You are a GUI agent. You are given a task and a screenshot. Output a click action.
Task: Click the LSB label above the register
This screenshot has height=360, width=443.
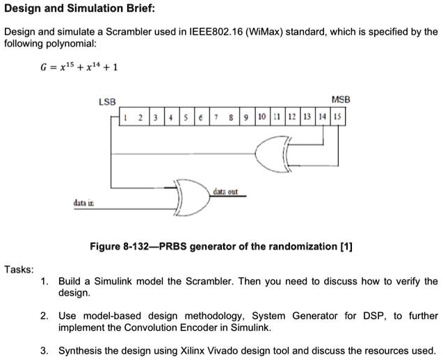(107, 101)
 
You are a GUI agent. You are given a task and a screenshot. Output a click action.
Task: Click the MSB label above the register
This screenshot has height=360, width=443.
(341, 99)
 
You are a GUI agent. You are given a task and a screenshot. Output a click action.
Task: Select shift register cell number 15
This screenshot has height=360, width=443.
(337, 117)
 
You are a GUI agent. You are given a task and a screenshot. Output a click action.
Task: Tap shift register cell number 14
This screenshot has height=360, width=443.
(323, 117)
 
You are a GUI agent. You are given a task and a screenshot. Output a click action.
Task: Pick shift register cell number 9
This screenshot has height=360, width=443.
(247, 117)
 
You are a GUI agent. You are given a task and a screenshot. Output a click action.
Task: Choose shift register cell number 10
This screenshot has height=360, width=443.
(262, 117)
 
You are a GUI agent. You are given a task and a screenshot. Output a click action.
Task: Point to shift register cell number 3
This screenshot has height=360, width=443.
(156, 117)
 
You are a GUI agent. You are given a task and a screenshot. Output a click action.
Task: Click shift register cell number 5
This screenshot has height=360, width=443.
(187, 117)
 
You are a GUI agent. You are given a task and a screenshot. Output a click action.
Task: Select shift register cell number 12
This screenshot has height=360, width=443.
(293, 117)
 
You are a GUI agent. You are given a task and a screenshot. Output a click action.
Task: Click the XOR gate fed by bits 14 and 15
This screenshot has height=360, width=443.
(273, 154)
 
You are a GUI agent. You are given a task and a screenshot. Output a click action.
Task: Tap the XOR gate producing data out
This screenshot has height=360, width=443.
(193, 197)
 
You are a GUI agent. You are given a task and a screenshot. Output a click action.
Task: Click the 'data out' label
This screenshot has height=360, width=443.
(225, 191)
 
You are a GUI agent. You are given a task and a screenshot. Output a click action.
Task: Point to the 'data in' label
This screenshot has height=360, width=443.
(83, 203)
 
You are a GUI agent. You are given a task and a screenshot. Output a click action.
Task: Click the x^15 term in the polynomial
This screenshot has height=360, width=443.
(67, 67)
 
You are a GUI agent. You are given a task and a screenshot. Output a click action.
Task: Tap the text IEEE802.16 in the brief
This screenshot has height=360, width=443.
(216, 32)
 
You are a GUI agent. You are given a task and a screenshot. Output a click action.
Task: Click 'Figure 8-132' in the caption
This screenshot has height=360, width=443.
(119, 247)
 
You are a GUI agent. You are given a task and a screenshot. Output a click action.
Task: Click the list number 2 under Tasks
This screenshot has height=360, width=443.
(44, 316)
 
